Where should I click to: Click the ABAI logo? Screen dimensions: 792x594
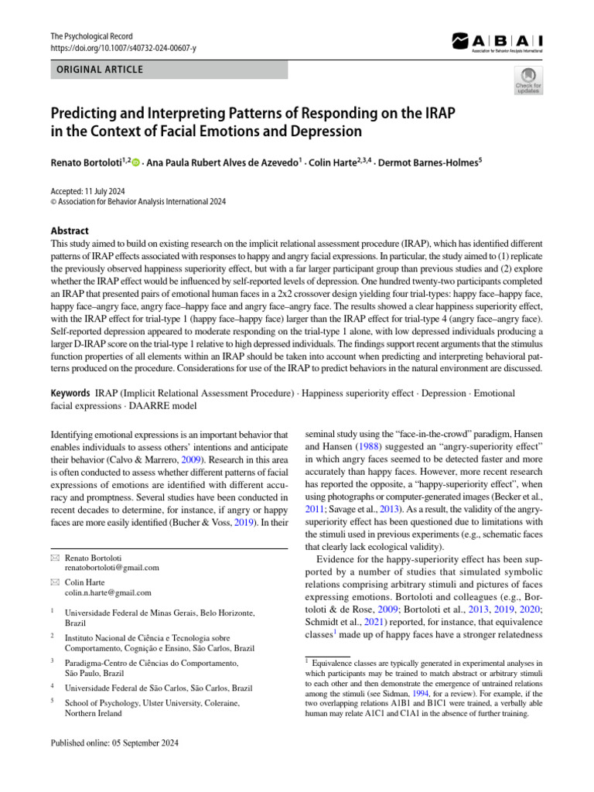[496, 42]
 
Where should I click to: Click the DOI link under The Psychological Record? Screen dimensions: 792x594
[123, 48]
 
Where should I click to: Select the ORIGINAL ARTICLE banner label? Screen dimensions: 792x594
[97, 70]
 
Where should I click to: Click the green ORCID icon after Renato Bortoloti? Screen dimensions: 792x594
[136, 162]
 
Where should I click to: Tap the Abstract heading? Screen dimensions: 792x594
[69, 230]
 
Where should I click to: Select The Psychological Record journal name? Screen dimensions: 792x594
[91, 36]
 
